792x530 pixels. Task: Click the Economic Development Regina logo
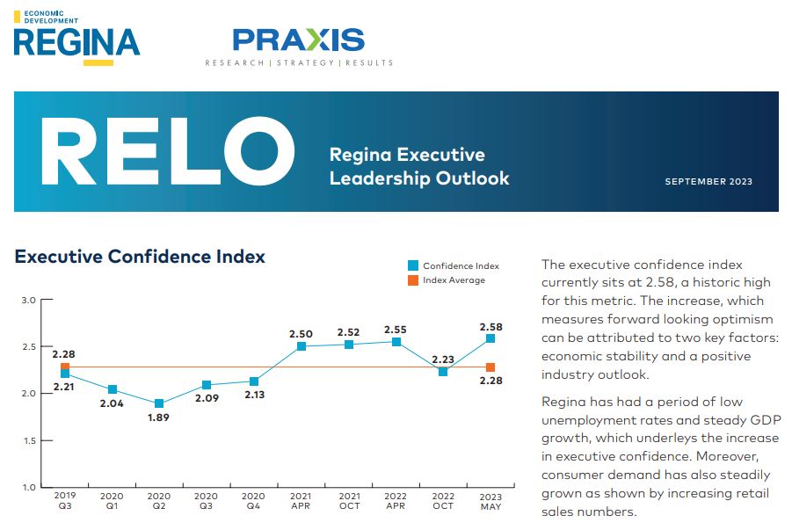[76, 37]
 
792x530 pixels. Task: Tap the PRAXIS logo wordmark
[299, 40]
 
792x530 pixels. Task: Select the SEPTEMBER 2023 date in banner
[708, 182]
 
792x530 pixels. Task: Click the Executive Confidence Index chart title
[140, 257]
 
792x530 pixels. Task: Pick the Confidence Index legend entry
[453, 265]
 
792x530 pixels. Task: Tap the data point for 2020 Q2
[159, 403]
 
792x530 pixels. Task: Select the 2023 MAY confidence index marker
[490, 338]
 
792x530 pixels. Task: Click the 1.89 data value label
[159, 418]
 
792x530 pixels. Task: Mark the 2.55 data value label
[396, 329]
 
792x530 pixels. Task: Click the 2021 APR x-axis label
[302, 501]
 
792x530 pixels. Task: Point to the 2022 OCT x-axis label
[443, 501]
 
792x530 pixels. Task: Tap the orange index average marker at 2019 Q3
[65, 367]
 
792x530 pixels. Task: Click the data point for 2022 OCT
[443, 372]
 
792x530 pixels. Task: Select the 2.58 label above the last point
[490, 326]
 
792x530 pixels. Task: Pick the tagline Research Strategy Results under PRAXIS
[299, 63]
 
